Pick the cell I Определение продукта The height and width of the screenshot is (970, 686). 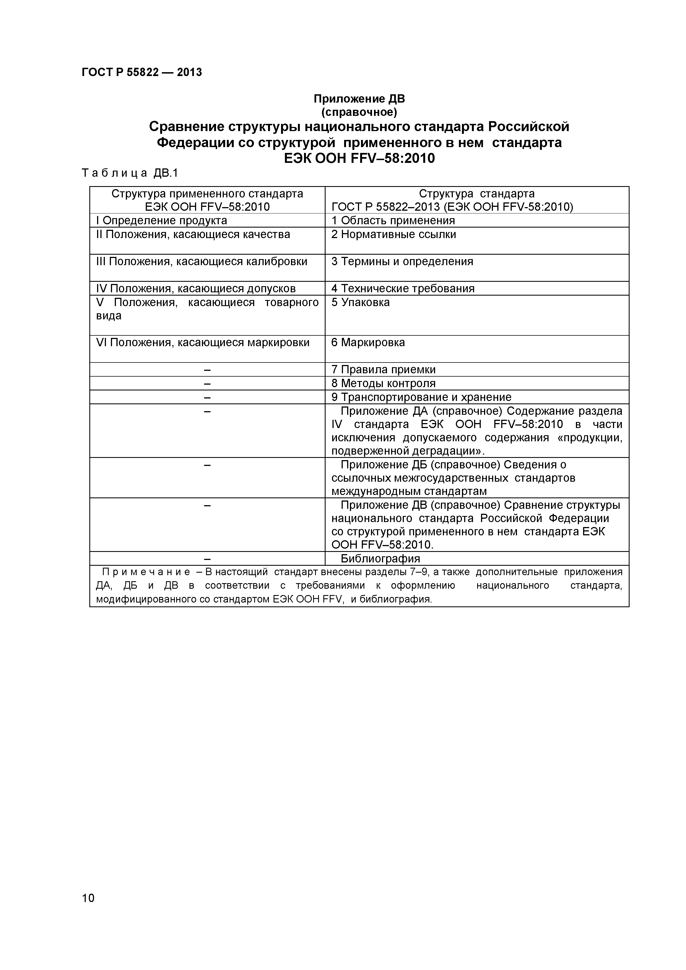162,221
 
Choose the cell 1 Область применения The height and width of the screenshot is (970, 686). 393,221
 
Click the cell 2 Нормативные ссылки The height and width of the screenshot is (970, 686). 394,234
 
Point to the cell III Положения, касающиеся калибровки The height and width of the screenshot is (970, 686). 202,262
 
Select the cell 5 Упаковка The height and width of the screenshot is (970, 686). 360,303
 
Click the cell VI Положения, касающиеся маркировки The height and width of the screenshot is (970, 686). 203,343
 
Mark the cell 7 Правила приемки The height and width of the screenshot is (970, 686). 383,370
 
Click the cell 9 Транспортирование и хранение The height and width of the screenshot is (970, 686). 421,397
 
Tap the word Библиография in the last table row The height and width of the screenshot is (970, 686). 380,559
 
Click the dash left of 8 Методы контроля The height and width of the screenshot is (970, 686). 207,384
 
